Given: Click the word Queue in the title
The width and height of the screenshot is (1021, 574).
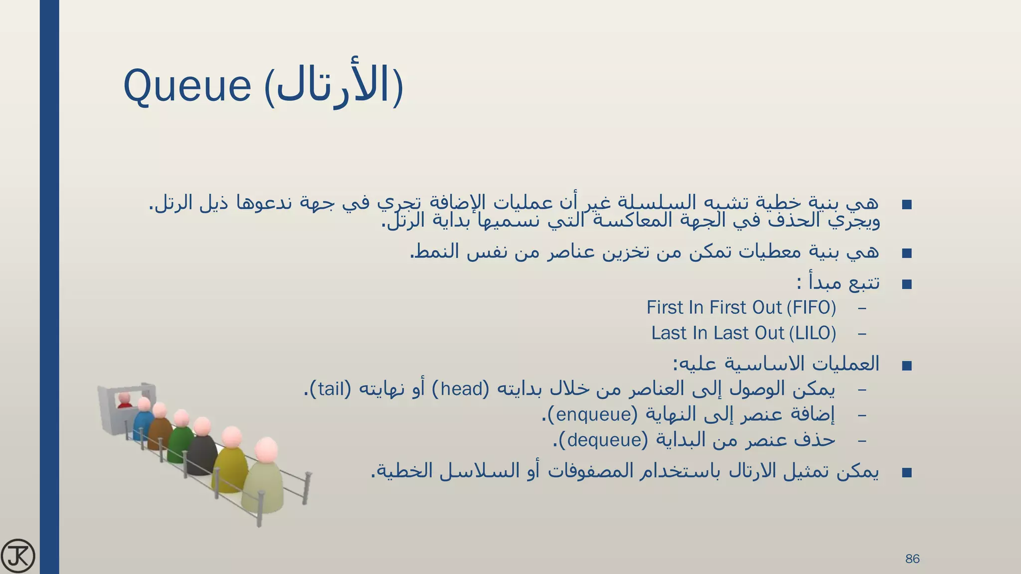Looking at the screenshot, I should coord(187,86).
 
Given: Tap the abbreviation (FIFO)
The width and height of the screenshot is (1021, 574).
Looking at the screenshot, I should coord(811,307).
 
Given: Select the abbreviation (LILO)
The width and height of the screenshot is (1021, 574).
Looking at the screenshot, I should coord(813,333).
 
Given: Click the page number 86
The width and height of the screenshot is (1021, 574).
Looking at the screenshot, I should coord(912,559).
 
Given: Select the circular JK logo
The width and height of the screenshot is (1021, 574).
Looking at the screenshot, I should coord(18,556).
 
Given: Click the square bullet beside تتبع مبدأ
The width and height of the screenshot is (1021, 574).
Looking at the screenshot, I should coord(907,285).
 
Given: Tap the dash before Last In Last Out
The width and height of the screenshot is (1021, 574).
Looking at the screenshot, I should coord(862,333).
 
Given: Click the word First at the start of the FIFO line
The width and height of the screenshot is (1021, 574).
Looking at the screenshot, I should coord(665,307).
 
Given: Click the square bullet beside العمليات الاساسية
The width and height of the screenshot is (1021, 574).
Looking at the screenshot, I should coord(907,366).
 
